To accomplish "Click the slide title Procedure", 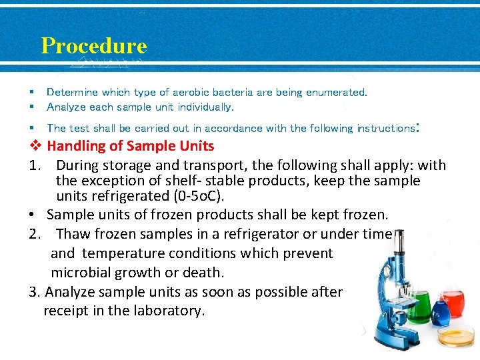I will [x=93, y=46].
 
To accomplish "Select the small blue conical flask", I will [x=438, y=311].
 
